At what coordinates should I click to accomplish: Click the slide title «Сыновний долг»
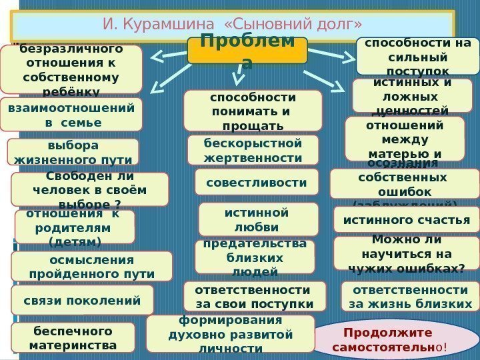(233, 25)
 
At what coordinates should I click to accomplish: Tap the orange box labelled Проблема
(247, 51)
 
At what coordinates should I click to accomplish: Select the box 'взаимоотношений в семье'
(71, 115)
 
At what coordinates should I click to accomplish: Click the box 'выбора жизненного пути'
(73, 152)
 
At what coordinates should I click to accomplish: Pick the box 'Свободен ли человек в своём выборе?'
(90, 190)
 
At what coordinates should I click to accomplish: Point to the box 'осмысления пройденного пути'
(92, 267)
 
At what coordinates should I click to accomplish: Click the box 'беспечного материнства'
(73, 337)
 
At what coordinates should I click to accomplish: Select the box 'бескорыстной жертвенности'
(253, 150)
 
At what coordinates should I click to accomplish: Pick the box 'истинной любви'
(258, 219)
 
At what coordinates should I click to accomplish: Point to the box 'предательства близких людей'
(255, 257)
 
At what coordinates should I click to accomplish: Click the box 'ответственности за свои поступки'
(255, 297)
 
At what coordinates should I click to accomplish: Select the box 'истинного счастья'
(407, 220)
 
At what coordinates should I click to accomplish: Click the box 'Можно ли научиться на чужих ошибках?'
(407, 253)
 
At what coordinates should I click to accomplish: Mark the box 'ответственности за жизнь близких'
(410, 297)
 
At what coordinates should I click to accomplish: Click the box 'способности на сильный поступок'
(418, 56)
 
